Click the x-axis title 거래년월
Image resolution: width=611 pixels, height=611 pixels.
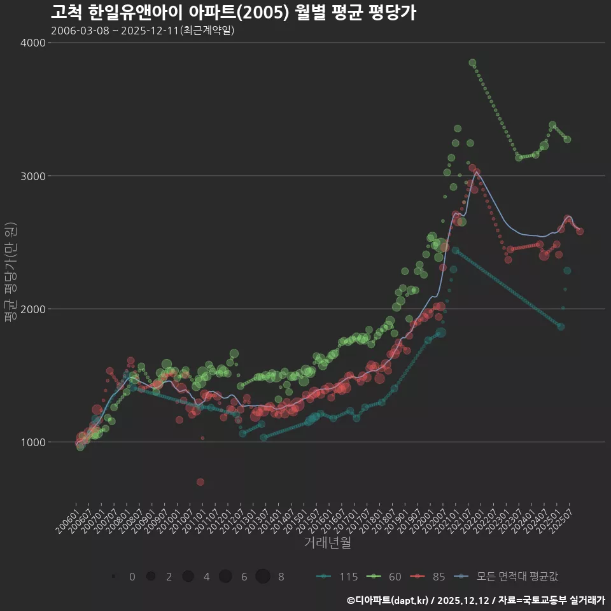click(327, 543)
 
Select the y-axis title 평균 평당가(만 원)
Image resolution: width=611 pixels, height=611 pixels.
click(10, 273)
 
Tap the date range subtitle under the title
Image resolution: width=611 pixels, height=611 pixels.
click(143, 31)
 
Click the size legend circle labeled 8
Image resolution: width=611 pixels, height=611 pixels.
click(263, 577)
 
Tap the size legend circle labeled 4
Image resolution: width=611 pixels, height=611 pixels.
click(188, 577)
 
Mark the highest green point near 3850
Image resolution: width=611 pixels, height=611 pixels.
click(472, 62)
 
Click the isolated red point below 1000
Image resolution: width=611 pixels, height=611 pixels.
click(200, 482)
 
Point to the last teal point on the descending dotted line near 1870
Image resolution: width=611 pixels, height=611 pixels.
click(561, 327)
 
